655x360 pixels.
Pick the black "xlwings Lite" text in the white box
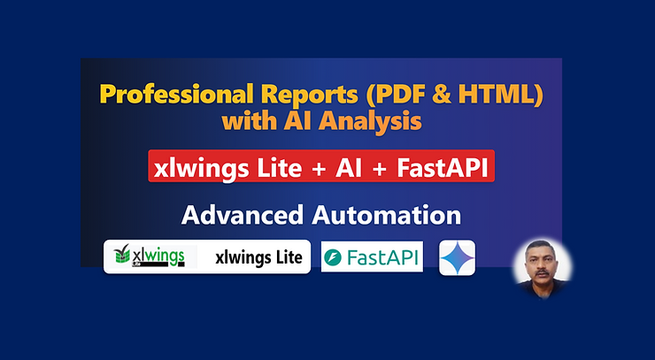tap(258, 257)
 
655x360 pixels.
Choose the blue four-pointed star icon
tap(457, 257)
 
